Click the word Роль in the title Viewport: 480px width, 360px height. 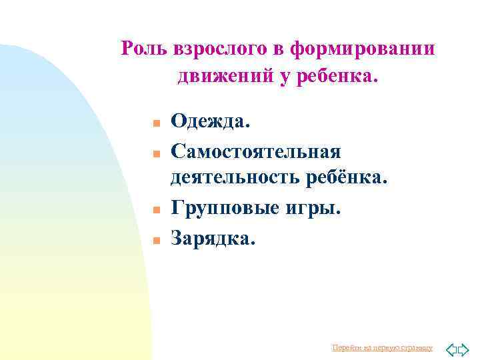[x=145, y=49]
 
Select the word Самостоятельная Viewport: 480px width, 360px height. [x=256, y=152]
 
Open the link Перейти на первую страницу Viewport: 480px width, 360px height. [x=382, y=348]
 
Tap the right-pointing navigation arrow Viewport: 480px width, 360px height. [x=463, y=348]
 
